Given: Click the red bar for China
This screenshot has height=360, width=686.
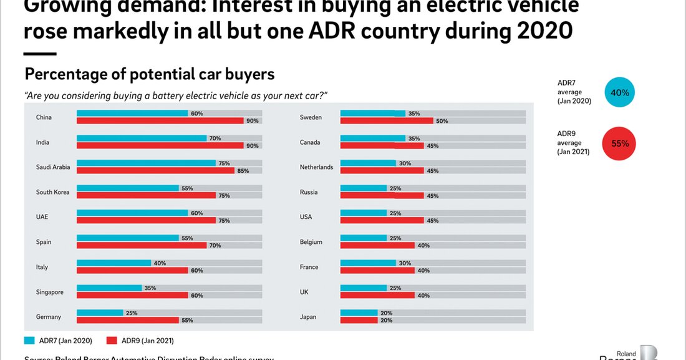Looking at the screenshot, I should coord(160,120).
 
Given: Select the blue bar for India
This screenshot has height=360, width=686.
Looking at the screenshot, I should coord(142,138).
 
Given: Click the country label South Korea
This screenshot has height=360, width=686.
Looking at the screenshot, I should coord(52,192).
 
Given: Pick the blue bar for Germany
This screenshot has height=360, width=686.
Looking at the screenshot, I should coord(100,313).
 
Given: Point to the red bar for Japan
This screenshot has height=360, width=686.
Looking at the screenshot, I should coord(359,320).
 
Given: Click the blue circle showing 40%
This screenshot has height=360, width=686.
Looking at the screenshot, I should coord(619,92).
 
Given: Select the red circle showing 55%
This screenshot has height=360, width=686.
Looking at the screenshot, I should coord(619,144).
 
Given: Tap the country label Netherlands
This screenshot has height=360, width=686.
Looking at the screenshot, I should coord(316,167).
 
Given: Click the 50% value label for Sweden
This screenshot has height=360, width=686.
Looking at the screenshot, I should coord(442,120).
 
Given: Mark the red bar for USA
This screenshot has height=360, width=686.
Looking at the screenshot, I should coord(382,220).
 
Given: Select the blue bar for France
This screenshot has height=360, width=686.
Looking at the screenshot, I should coord(368,263).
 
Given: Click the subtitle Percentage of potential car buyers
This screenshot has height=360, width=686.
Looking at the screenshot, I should coord(149,74).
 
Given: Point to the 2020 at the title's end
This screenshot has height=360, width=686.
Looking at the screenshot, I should coord(541,30).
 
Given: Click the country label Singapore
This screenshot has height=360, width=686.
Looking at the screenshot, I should coord(49,292).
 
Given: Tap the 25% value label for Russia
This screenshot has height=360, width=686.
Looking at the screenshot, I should coord(395,188).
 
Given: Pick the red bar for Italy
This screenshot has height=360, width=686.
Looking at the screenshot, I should coord(132,270).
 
